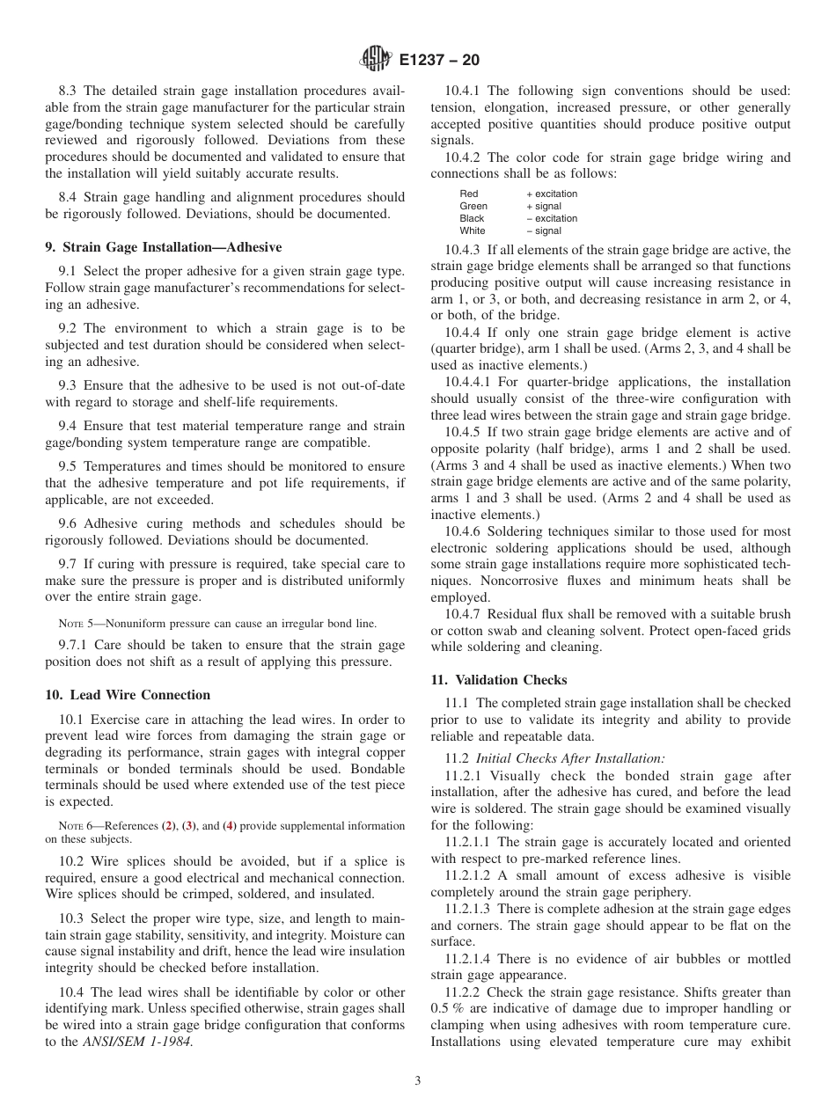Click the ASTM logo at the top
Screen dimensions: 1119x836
pyautogui.click(x=376, y=60)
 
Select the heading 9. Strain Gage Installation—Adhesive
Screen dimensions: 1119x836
pyautogui.click(x=163, y=247)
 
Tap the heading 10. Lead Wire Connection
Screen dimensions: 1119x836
pyautogui.click(x=128, y=695)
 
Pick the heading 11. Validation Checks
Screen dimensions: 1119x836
pyautogui.click(x=498, y=680)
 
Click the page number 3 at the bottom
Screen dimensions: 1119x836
pyautogui.click(x=418, y=1081)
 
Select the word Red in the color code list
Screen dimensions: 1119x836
pyautogui.click(x=469, y=194)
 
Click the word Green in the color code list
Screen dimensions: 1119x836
pyautogui.click(x=473, y=207)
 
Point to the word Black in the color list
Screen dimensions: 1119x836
pyautogui.click(x=472, y=219)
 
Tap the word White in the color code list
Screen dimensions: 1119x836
pyautogui.click(x=473, y=231)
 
